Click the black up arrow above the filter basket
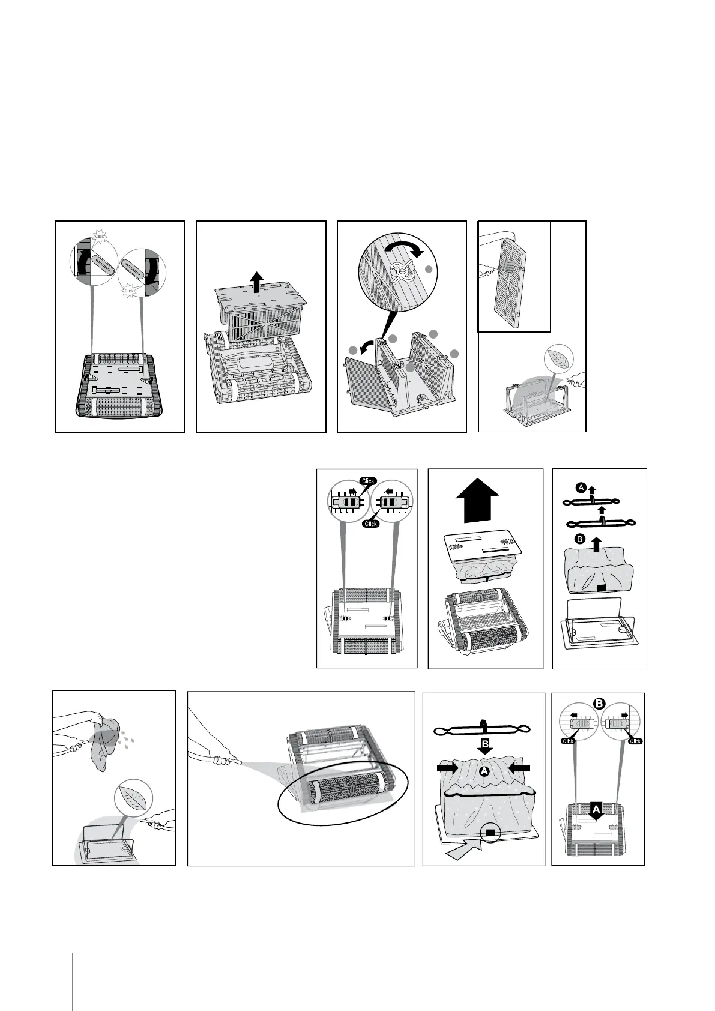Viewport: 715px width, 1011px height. click(257, 280)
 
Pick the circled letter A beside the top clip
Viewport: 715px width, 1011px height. click(581, 488)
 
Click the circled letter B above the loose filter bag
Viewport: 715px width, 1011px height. click(580, 539)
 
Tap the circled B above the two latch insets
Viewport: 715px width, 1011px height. click(598, 701)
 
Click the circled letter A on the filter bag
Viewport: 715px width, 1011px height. click(484, 773)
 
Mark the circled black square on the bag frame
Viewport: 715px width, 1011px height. click(490, 832)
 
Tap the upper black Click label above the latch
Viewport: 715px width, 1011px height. click(367, 481)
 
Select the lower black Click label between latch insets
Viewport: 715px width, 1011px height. click(371, 524)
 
